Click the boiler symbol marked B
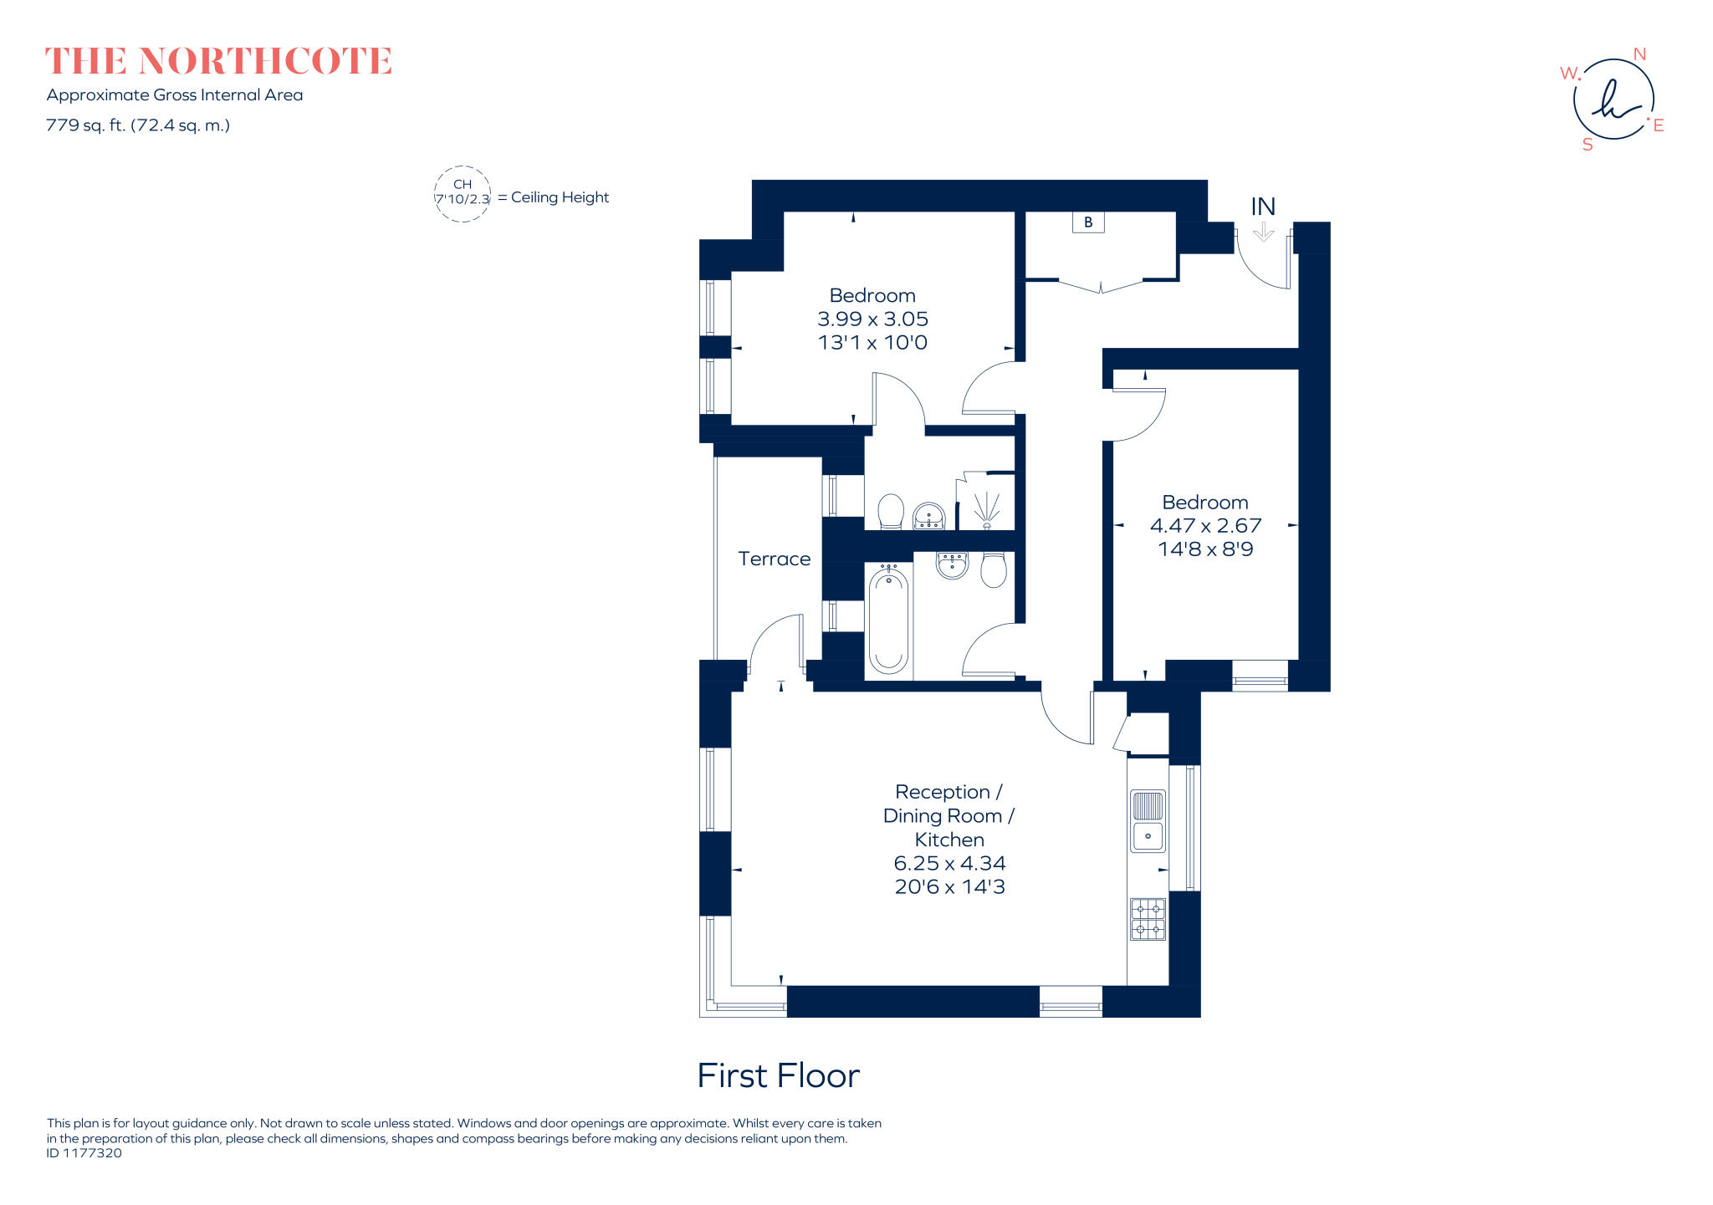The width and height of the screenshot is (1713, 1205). pos(1088,222)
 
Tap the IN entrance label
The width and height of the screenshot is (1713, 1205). pos(1263,207)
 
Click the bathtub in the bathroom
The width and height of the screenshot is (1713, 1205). pos(888,619)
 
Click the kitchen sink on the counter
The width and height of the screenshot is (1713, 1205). pos(1148,822)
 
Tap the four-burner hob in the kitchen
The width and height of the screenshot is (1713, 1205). pos(1148,919)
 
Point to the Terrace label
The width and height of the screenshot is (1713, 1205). pos(774,559)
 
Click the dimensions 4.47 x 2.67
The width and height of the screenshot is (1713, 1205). pos(1205,526)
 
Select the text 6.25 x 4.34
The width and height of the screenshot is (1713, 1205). pos(949,863)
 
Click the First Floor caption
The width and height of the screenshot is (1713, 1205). pos(778,1075)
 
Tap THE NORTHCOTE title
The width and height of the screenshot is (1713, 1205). pos(218,62)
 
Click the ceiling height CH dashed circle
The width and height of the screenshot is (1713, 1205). pos(463,194)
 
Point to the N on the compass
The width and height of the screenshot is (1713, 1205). pos(1639,54)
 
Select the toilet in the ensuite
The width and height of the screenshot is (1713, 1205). pos(891,511)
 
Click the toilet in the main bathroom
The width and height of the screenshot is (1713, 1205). pos(993,569)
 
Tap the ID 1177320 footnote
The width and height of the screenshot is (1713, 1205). pos(84,1153)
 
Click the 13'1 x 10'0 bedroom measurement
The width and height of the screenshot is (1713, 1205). pos(872,342)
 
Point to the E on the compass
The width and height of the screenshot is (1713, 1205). pos(1659,125)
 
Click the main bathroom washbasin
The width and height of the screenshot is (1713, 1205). pos(952,565)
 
